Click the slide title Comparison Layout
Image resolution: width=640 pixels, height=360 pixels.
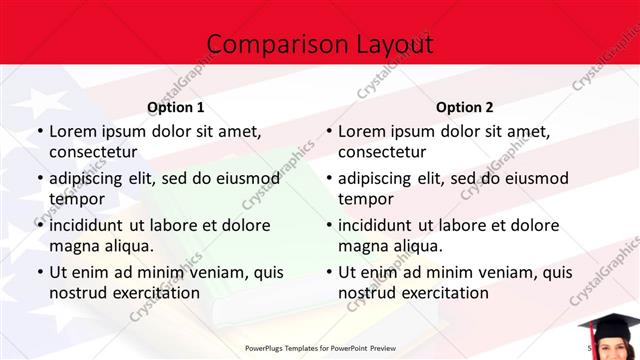pos(319,44)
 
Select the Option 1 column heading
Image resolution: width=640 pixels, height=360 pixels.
pos(175,107)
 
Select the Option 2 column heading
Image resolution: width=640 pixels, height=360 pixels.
pos(464,107)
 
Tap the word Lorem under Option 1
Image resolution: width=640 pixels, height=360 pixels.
pos(73,131)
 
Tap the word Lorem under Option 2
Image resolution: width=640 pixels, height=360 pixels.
pos(362,131)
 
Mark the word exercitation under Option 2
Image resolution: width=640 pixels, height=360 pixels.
pos(441,293)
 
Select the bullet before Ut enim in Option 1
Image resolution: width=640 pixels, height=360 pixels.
pos(39,272)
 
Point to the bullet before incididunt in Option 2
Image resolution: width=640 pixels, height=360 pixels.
pos(328,225)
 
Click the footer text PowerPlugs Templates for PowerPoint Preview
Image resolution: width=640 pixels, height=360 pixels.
pos(319,349)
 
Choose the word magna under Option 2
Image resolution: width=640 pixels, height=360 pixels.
pos(362,246)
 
